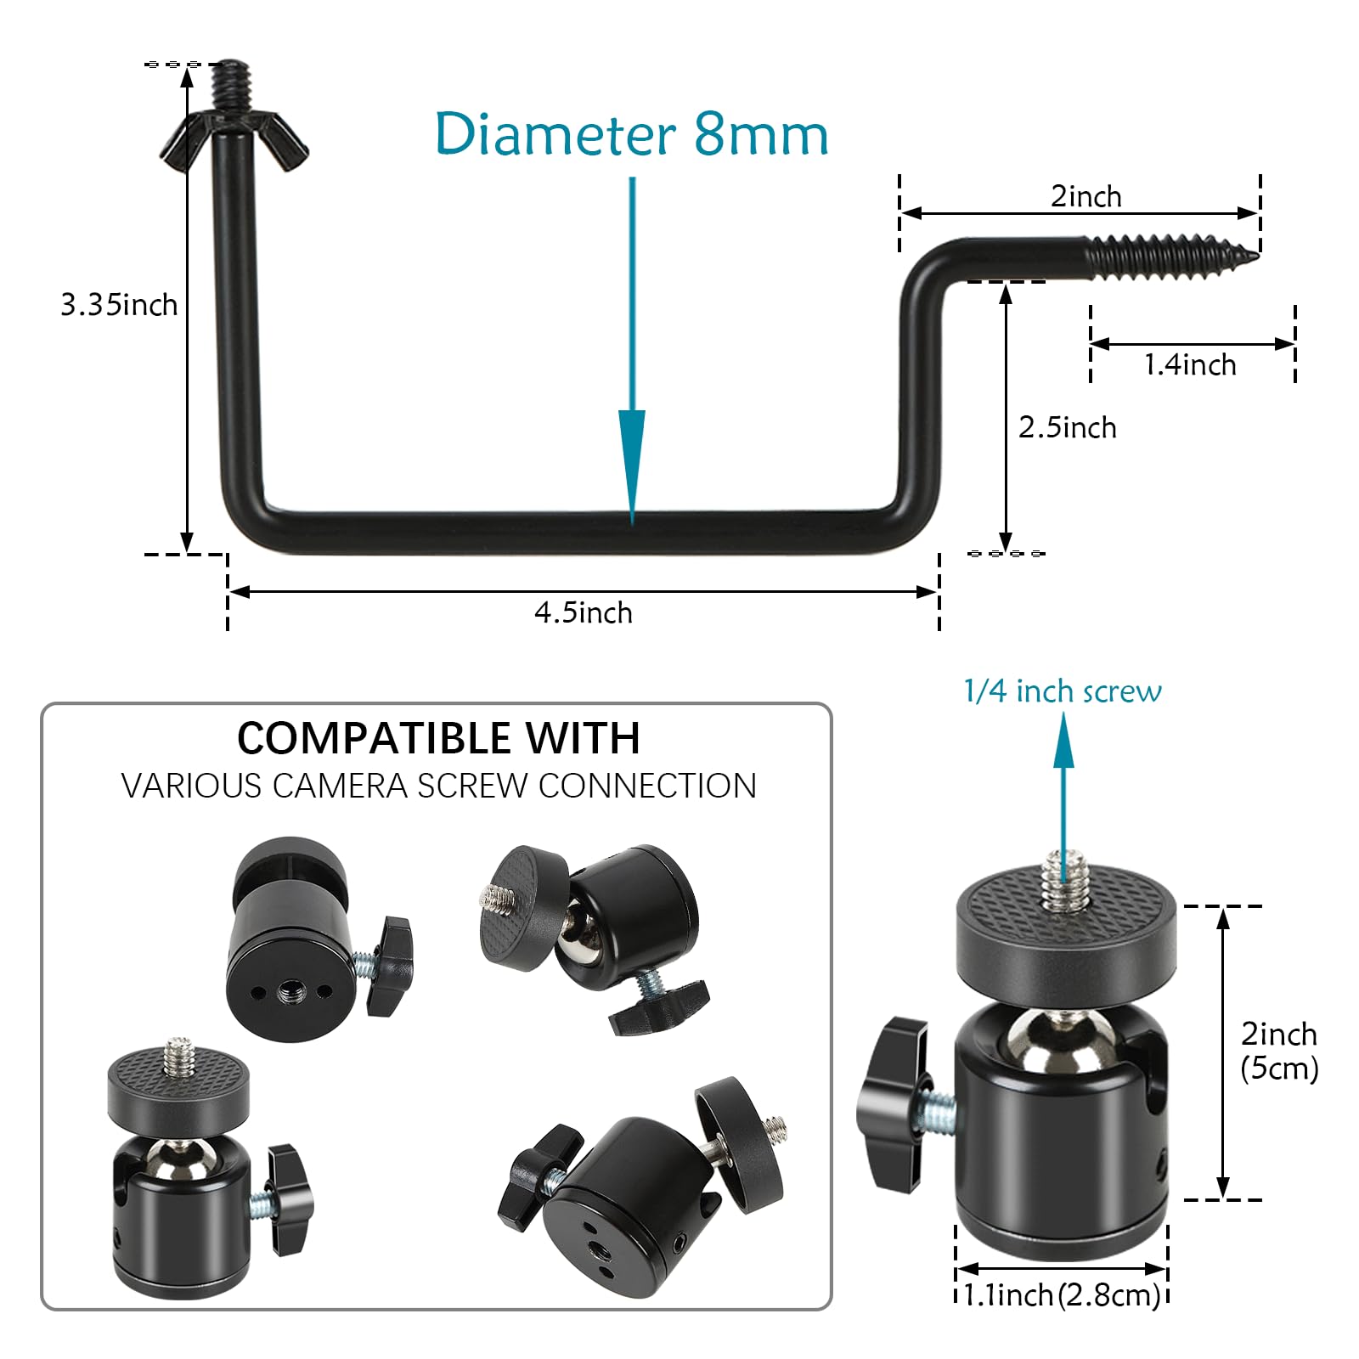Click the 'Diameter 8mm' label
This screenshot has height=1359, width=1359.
(631, 134)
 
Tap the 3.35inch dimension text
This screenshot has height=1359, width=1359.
(119, 304)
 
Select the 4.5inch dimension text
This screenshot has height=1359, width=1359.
(584, 612)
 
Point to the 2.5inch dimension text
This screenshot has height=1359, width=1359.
(1068, 427)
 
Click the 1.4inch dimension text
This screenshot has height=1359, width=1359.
(1190, 364)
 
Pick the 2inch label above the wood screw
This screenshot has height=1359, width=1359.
(1086, 196)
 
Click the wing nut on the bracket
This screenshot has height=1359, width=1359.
(234, 140)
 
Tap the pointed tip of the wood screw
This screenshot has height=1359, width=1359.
(1257, 254)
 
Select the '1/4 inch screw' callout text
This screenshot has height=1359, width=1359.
(1063, 691)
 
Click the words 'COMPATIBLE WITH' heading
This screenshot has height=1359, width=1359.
(438, 737)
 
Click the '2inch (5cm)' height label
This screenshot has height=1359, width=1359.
(1279, 1051)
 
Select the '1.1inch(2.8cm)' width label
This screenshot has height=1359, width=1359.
(1063, 1294)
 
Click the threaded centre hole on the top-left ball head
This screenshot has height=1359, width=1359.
(290, 989)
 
